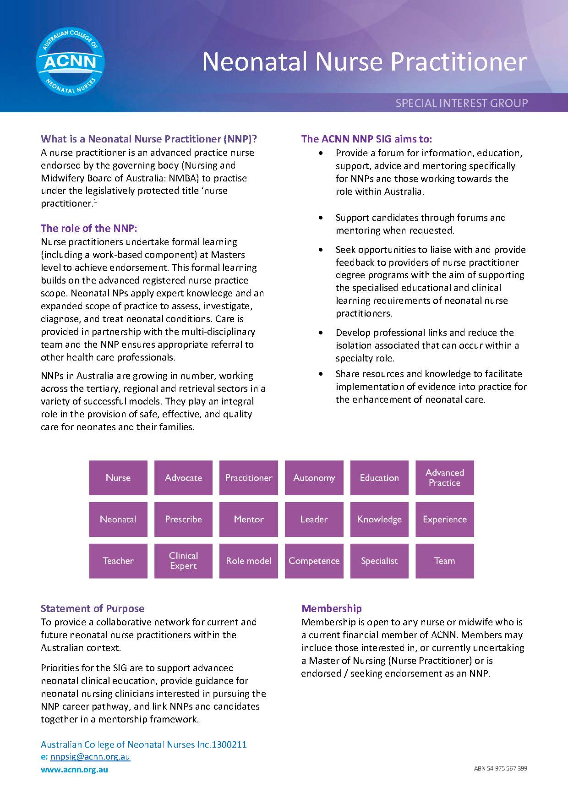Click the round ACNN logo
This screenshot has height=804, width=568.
(x=70, y=60)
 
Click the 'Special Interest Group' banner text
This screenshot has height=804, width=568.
(x=461, y=103)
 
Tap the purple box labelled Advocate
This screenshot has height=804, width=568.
(x=183, y=478)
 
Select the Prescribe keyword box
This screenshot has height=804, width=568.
(x=183, y=520)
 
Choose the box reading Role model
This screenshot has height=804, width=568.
(x=248, y=561)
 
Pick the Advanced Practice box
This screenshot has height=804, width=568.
(x=444, y=478)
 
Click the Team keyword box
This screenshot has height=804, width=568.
(x=444, y=561)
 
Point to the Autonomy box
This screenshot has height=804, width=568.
(x=314, y=478)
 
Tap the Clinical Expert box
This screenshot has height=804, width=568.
(x=183, y=561)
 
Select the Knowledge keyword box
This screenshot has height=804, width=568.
(x=379, y=520)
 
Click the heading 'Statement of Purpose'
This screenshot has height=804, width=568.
(x=93, y=608)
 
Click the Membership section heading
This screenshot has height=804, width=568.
(x=332, y=608)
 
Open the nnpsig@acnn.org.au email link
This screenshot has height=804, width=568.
(x=90, y=757)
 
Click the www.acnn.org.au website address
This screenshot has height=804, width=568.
(x=75, y=770)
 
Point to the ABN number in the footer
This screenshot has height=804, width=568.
(x=500, y=768)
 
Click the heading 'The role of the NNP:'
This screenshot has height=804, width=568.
(x=89, y=228)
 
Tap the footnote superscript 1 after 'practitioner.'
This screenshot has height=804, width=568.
(x=95, y=201)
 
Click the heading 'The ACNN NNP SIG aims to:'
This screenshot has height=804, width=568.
(x=366, y=139)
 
